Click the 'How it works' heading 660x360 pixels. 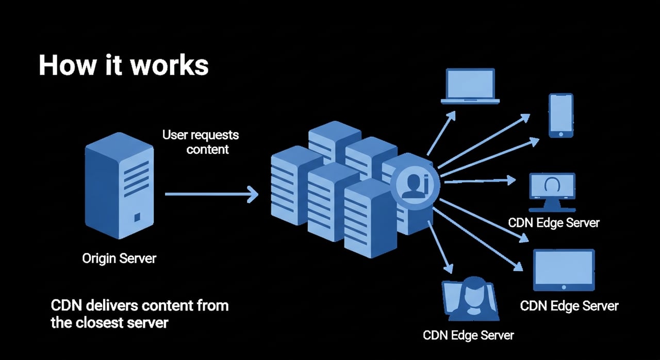coord(123,66)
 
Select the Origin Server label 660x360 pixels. coord(119,258)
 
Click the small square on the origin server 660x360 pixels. coord(137,217)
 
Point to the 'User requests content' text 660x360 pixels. coord(201,142)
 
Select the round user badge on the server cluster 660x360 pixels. coord(415,185)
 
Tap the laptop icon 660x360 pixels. coord(470,86)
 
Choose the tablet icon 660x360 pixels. coord(564,270)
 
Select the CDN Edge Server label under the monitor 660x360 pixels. coord(554,223)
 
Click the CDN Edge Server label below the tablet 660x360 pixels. coord(569,305)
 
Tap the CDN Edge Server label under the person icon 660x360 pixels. coord(468,335)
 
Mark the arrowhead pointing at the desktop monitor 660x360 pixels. coord(510,179)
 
